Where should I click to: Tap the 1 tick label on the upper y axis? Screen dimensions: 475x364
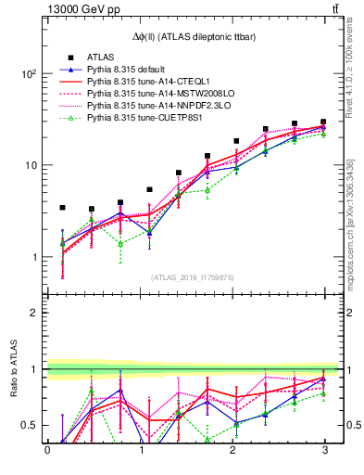pyautogui.click(x=31, y=257)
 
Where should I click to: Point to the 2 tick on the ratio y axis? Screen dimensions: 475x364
pyautogui.click(x=31, y=313)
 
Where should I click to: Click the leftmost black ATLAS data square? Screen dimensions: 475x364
pyautogui.click(x=62, y=208)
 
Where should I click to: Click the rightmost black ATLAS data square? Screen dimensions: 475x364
pyautogui.click(x=323, y=122)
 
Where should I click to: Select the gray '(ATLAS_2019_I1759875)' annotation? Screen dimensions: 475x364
pyautogui.click(x=185, y=276)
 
